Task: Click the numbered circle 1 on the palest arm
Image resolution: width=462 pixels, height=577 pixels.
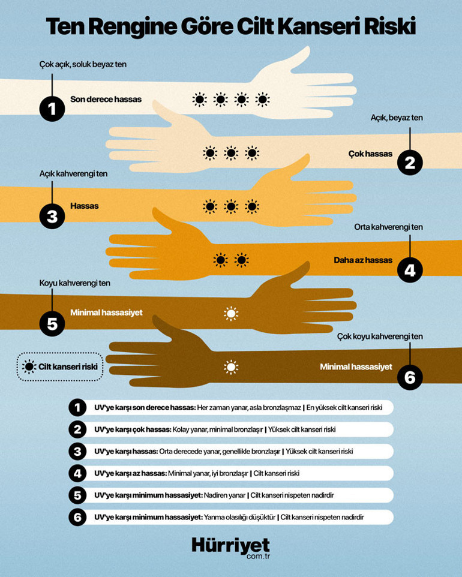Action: click(x=52, y=109)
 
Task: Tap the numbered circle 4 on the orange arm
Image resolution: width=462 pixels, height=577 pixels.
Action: click(x=410, y=270)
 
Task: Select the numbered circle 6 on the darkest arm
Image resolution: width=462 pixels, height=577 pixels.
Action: click(x=410, y=377)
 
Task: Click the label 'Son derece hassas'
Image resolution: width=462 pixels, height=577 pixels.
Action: click(x=106, y=100)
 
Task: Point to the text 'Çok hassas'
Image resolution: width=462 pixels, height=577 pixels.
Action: click(x=370, y=154)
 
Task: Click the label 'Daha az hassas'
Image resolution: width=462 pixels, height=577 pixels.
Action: click(x=363, y=260)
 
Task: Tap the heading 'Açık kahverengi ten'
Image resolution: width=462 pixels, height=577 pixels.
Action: click(x=73, y=174)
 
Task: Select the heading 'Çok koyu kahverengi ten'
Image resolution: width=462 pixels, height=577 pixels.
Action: click(x=380, y=336)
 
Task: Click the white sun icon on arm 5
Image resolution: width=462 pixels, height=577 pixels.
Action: click(x=231, y=313)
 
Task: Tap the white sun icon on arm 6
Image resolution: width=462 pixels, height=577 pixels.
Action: click(x=231, y=367)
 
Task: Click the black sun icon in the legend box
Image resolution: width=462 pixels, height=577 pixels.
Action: click(x=29, y=366)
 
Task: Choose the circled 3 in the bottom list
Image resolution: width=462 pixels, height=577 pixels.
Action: click(x=77, y=451)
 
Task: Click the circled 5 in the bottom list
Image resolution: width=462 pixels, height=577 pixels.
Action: click(x=77, y=495)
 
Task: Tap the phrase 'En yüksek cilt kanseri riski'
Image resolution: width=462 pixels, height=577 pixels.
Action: click(x=344, y=407)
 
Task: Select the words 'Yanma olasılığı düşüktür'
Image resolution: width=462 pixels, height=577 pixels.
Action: click(x=239, y=517)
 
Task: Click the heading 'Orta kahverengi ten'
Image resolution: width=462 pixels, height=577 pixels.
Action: click(x=388, y=227)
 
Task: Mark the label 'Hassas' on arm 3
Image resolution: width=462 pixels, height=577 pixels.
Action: click(x=85, y=206)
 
